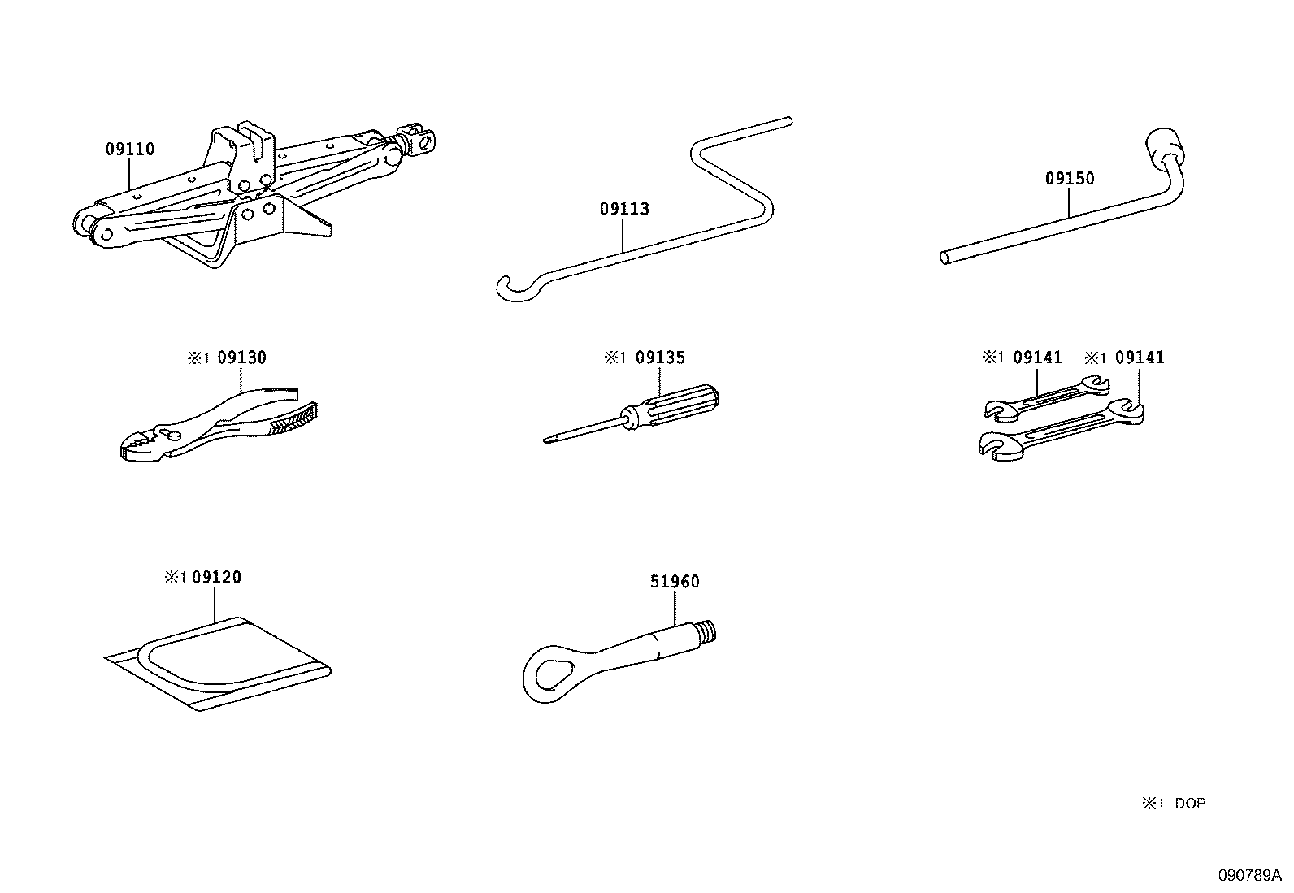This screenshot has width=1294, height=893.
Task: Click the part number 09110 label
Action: point(129,150)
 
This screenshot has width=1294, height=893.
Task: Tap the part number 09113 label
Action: point(624,209)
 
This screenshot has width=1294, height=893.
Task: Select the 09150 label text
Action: point(1070,179)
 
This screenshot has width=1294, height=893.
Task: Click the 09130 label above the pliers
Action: point(241,358)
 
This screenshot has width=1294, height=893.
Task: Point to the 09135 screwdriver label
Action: point(660,358)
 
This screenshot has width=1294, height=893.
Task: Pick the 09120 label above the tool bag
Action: point(216,578)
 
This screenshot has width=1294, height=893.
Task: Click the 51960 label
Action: point(675,582)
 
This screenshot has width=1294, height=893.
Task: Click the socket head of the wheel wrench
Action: point(1165,147)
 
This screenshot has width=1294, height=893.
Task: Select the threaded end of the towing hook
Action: point(706,630)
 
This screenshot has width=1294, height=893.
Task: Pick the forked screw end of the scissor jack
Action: point(420,138)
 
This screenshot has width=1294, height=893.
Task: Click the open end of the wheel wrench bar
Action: point(944,258)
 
